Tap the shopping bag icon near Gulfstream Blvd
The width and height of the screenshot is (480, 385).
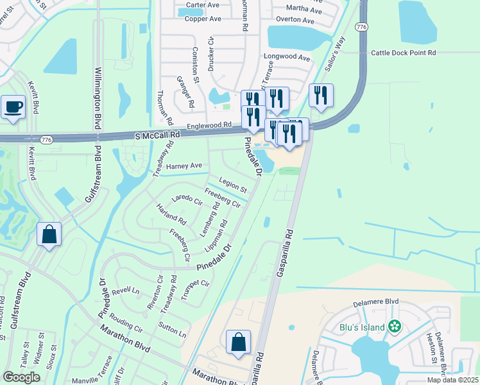49,235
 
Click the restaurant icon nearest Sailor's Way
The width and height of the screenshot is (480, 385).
321,96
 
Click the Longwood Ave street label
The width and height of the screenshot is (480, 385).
286,56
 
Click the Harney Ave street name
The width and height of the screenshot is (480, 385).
184,166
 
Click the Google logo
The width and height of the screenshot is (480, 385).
21,377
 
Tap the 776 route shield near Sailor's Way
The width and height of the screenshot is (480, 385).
361,27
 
